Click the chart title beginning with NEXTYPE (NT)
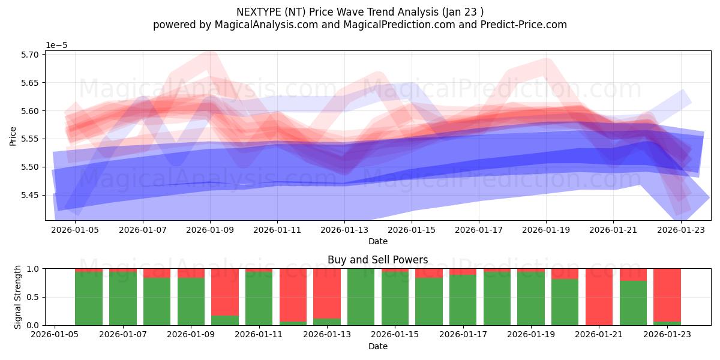(359, 11)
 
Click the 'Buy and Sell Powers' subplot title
(377, 260)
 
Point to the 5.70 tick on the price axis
(30, 55)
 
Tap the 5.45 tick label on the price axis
(30, 195)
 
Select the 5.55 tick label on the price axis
(30, 139)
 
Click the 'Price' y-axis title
(13, 136)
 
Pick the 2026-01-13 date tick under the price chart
(344, 230)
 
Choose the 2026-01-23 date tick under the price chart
(680, 230)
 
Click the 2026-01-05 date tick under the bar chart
(55, 335)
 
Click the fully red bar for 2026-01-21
(599, 296)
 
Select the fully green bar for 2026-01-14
(361, 296)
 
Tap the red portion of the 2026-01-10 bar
(224, 292)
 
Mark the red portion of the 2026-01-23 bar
(667, 294)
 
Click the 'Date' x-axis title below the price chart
(377, 241)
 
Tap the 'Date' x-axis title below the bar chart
(377, 346)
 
